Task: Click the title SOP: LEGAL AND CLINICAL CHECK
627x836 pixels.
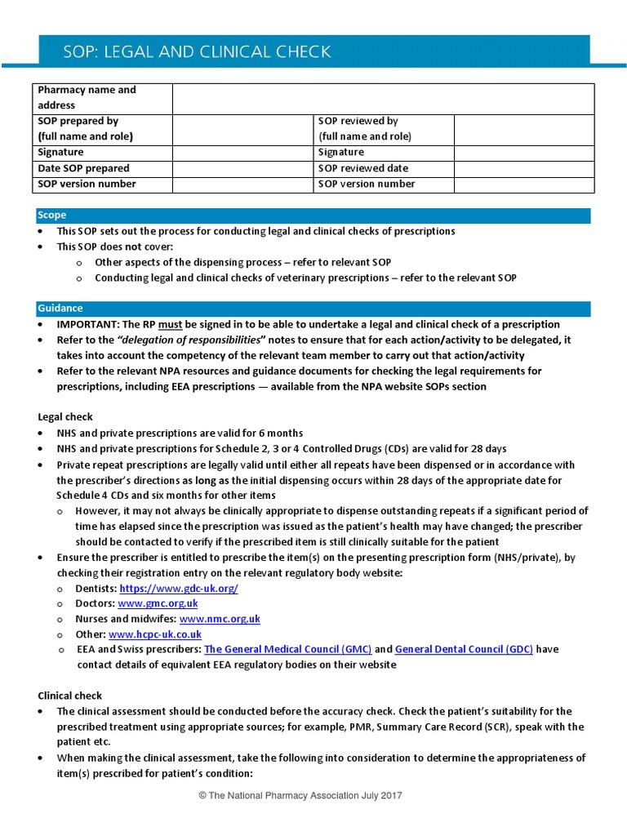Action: pos(197,51)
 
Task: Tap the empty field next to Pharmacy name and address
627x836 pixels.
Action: pos(382,98)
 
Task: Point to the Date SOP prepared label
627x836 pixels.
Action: pos(83,168)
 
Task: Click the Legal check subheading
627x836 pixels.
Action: pos(65,417)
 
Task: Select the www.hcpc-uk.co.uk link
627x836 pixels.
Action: pos(154,634)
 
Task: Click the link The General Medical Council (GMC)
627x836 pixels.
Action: pos(287,649)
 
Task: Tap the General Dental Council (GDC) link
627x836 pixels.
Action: pos(464,649)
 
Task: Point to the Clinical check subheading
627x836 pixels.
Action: pos(70,696)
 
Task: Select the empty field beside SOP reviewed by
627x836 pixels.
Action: pos(523,128)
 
